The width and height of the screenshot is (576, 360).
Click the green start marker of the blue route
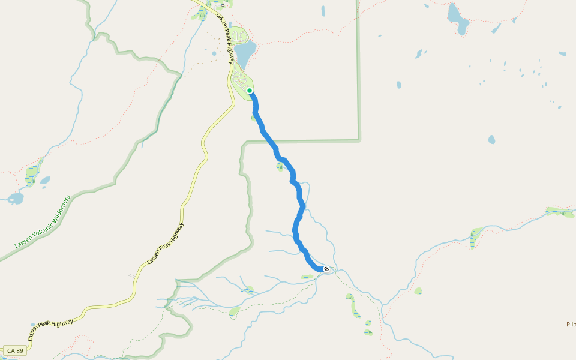pyautogui.click(x=250, y=91)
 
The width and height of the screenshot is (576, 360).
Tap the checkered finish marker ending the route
pyautogui.click(x=326, y=269)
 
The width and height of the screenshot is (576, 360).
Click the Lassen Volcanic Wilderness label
pyautogui.click(x=43, y=222)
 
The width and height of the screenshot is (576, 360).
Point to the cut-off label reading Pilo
pyautogui.click(x=571, y=325)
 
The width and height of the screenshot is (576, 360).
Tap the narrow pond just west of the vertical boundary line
pyautogui.click(x=323, y=11)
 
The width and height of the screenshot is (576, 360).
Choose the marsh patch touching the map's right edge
pyautogui.click(x=561, y=211)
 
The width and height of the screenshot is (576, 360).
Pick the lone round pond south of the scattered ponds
pyautogui.click(x=491, y=139)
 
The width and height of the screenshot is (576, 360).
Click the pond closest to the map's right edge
pyautogui.click(x=562, y=53)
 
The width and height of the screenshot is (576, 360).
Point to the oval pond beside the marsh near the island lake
pyautogui.click(x=45, y=179)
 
